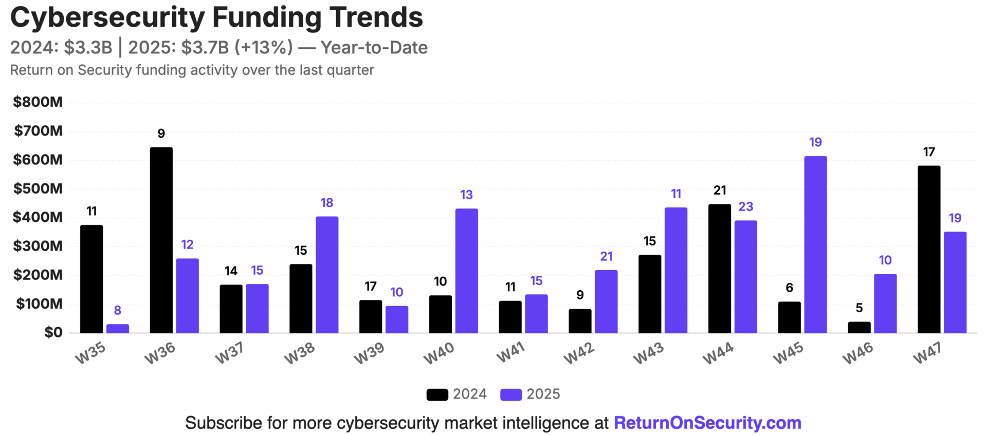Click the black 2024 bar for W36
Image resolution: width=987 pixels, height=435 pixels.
point(161,240)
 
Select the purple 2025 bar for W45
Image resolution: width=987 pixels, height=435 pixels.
point(815,244)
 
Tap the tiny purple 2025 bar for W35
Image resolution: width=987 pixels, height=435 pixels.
point(117,329)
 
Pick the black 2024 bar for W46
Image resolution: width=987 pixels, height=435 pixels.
point(859,328)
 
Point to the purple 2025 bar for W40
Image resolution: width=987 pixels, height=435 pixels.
point(466,271)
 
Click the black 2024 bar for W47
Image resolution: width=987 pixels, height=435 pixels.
point(928,250)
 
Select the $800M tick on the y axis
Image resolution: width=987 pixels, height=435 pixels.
point(38,102)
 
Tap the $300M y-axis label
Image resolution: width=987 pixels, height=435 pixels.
point(38,246)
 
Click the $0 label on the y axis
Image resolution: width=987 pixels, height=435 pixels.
point(53,332)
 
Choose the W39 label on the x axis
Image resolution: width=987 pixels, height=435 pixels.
point(369,353)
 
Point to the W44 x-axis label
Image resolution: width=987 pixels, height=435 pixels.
point(718,353)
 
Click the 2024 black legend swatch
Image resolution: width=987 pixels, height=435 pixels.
point(437,394)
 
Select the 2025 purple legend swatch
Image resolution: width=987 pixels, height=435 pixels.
point(511,394)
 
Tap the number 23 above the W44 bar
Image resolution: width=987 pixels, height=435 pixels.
point(745,206)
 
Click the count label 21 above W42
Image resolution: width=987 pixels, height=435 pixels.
point(606,256)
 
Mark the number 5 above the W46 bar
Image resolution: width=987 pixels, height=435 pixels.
point(859,308)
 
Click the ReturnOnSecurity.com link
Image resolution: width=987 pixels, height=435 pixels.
point(707,423)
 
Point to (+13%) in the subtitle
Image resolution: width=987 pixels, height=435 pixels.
point(263,48)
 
